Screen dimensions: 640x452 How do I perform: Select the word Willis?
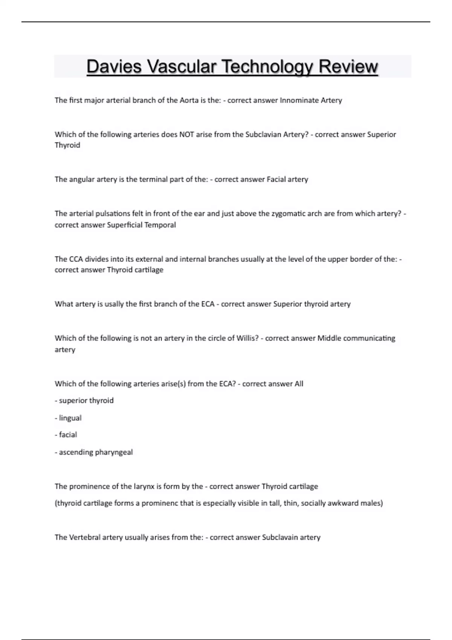tap(247, 338)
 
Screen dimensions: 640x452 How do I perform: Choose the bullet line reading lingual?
tap(69, 418)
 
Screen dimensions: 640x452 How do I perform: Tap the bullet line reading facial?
tap(66, 435)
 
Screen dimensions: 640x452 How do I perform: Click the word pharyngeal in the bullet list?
tap(114, 452)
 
